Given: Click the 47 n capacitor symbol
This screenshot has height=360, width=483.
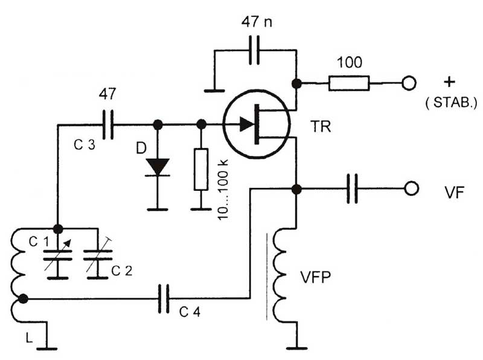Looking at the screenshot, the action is (254, 50).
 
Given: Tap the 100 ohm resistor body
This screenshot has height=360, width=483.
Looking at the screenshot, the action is (349, 83).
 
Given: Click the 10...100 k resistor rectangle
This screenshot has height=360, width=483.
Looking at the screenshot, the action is (201, 169).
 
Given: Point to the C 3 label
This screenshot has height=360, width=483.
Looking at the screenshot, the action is (85, 144).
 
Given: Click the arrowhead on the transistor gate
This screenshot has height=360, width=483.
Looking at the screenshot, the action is (247, 124).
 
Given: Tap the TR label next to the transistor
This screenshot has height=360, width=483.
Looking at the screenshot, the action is (321, 127).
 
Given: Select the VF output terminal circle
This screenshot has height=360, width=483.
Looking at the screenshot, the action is (411, 188).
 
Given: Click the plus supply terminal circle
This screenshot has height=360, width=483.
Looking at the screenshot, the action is (409, 83).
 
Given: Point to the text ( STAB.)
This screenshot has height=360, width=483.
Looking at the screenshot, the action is (451, 103).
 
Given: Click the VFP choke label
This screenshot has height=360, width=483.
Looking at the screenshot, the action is (315, 277).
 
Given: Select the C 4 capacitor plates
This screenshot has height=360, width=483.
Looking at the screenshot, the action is (164, 298).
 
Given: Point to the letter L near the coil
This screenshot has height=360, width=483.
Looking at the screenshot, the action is (28, 338).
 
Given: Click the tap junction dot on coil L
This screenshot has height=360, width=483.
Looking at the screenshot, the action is (23, 298).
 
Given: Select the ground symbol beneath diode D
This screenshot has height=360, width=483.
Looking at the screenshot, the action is (158, 210).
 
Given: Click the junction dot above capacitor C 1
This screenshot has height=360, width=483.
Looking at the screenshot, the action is (58, 229).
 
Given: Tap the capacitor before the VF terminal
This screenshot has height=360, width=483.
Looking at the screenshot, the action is (353, 188).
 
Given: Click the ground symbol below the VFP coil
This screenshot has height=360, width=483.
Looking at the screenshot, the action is (296, 349).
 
